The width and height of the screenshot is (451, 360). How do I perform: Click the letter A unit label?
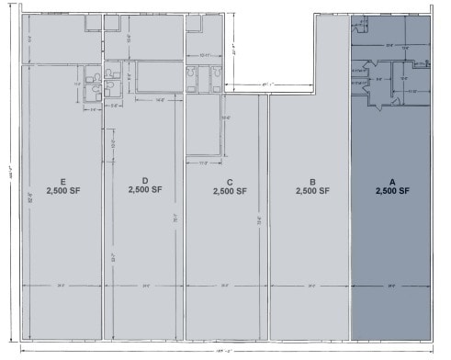click(x=391, y=181)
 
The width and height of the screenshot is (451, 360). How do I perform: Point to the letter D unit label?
click(x=145, y=180)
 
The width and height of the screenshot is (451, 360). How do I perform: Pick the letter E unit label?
click(x=62, y=181)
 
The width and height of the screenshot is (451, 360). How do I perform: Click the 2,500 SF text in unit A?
click(x=391, y=191)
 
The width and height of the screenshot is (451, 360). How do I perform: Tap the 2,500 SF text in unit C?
click(x=229, y=192)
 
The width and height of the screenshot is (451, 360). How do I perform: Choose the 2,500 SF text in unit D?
click(x=145, y=190)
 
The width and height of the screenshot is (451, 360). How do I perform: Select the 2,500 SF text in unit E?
click(x=62, y=191)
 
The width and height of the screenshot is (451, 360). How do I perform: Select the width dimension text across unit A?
click(x=391, y=287)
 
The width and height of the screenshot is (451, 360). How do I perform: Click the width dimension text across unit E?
click(x=61, y=287)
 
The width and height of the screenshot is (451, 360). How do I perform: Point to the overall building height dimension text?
click(x=10, y=174)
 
